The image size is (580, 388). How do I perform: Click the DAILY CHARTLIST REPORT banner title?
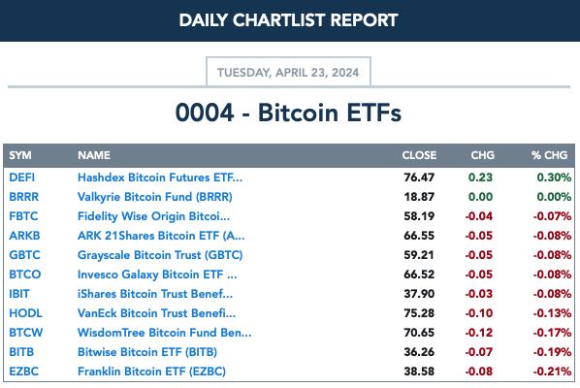(x=288, y=20)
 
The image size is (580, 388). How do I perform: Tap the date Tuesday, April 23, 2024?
(x=288, y=72)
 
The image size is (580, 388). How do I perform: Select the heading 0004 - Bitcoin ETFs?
(x=288, y=113)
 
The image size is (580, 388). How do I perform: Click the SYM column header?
(x=20, y=155)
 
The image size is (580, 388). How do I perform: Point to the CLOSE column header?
(x=419, y=155)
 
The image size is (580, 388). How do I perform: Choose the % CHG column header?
(x=549, y=155)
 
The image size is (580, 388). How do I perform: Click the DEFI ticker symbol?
(x=22, y=178)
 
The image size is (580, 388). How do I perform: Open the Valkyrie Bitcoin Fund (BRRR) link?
(x=155, y=197)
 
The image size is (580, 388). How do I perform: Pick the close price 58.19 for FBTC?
(x=419, y=216)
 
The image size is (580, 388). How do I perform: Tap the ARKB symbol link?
(x=24, y=236)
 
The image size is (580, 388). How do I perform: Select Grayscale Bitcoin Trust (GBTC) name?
(x=160, y=255)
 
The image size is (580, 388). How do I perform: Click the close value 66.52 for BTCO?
(x=419, y=275)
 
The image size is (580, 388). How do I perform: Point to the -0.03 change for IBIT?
(x=479, y=294)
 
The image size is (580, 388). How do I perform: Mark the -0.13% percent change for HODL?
(x=552, y=313)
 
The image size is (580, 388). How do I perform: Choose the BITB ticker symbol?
(x=21, y=352)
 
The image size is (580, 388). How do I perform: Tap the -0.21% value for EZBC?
(x=552, y=372)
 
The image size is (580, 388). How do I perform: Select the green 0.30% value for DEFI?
(x=554, y=178)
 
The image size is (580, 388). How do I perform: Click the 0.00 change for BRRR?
(x=480, y=197)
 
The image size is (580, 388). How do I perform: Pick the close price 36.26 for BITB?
(x=419, y=352)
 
